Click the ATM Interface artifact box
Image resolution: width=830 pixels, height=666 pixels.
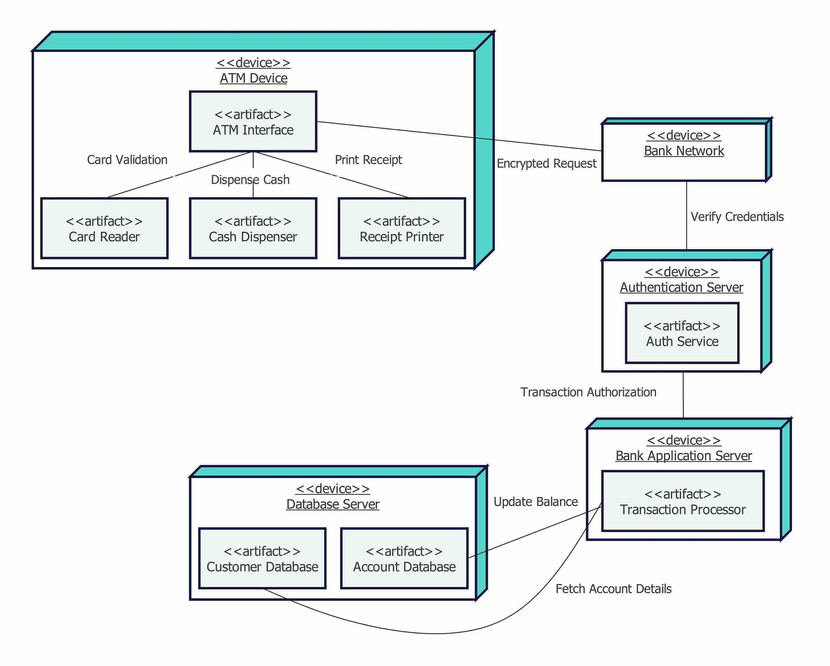pyautogui.click(x=253, y=122)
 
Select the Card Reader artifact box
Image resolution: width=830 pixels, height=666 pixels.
pyautogui.click(x=104, y=229)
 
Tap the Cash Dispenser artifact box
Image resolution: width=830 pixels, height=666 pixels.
pyautogui.click(x=253, y=229)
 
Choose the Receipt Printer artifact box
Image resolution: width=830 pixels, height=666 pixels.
pyautogui.click(x=402, y=229)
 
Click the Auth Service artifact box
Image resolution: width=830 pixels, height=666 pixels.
pyautogui.click(x=682, y=333)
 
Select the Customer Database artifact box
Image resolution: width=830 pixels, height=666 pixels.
pyautogui.click(x=262, y=559)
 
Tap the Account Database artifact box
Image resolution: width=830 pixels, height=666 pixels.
pyautogui.click(x=404, y=559)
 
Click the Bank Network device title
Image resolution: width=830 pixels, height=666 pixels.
pyautogui.click(x=684, y=151)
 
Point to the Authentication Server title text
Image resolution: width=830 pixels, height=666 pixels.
pyautogui.click(x=681, y=287)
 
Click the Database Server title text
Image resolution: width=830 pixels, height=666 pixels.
pyautogui.click(x=333, y=504)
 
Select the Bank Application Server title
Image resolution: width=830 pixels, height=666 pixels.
pyautogui.click(x=683, y=456)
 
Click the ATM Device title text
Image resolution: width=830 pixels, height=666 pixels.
pyautogui.click(x=253, y=78)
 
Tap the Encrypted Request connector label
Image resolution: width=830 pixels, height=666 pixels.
pyautogui.click(x=546, y=164)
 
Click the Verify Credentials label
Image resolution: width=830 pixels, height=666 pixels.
pyautogui.click(x=737, y=217)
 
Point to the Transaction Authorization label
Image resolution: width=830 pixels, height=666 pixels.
pyautogui.click(x=588, y=392)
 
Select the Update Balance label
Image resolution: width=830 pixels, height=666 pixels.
pyautogui.click(x=535, y=502)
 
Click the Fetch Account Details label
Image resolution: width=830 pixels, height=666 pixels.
pyautogui.click(x=613, y=589)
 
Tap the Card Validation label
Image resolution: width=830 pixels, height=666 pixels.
pyautogui.click(x=127, y=160)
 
